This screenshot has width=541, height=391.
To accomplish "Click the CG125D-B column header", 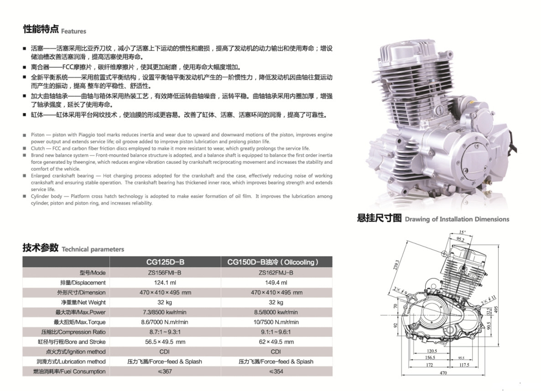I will coord(165,262).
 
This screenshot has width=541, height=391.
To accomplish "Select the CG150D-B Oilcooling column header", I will coord(276,262).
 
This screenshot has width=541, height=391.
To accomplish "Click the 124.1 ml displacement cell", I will coord(165,283).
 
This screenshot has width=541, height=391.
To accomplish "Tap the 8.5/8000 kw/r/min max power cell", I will coord(276,312).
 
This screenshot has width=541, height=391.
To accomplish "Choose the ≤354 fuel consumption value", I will coord(276,371).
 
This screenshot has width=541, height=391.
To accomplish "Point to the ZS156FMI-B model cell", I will coord(165,273).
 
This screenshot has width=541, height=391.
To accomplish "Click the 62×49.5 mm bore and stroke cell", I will coord(276,342).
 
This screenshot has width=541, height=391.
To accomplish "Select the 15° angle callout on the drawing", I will coord(463,232).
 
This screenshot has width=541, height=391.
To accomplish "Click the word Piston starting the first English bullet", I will coord(37,135).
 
